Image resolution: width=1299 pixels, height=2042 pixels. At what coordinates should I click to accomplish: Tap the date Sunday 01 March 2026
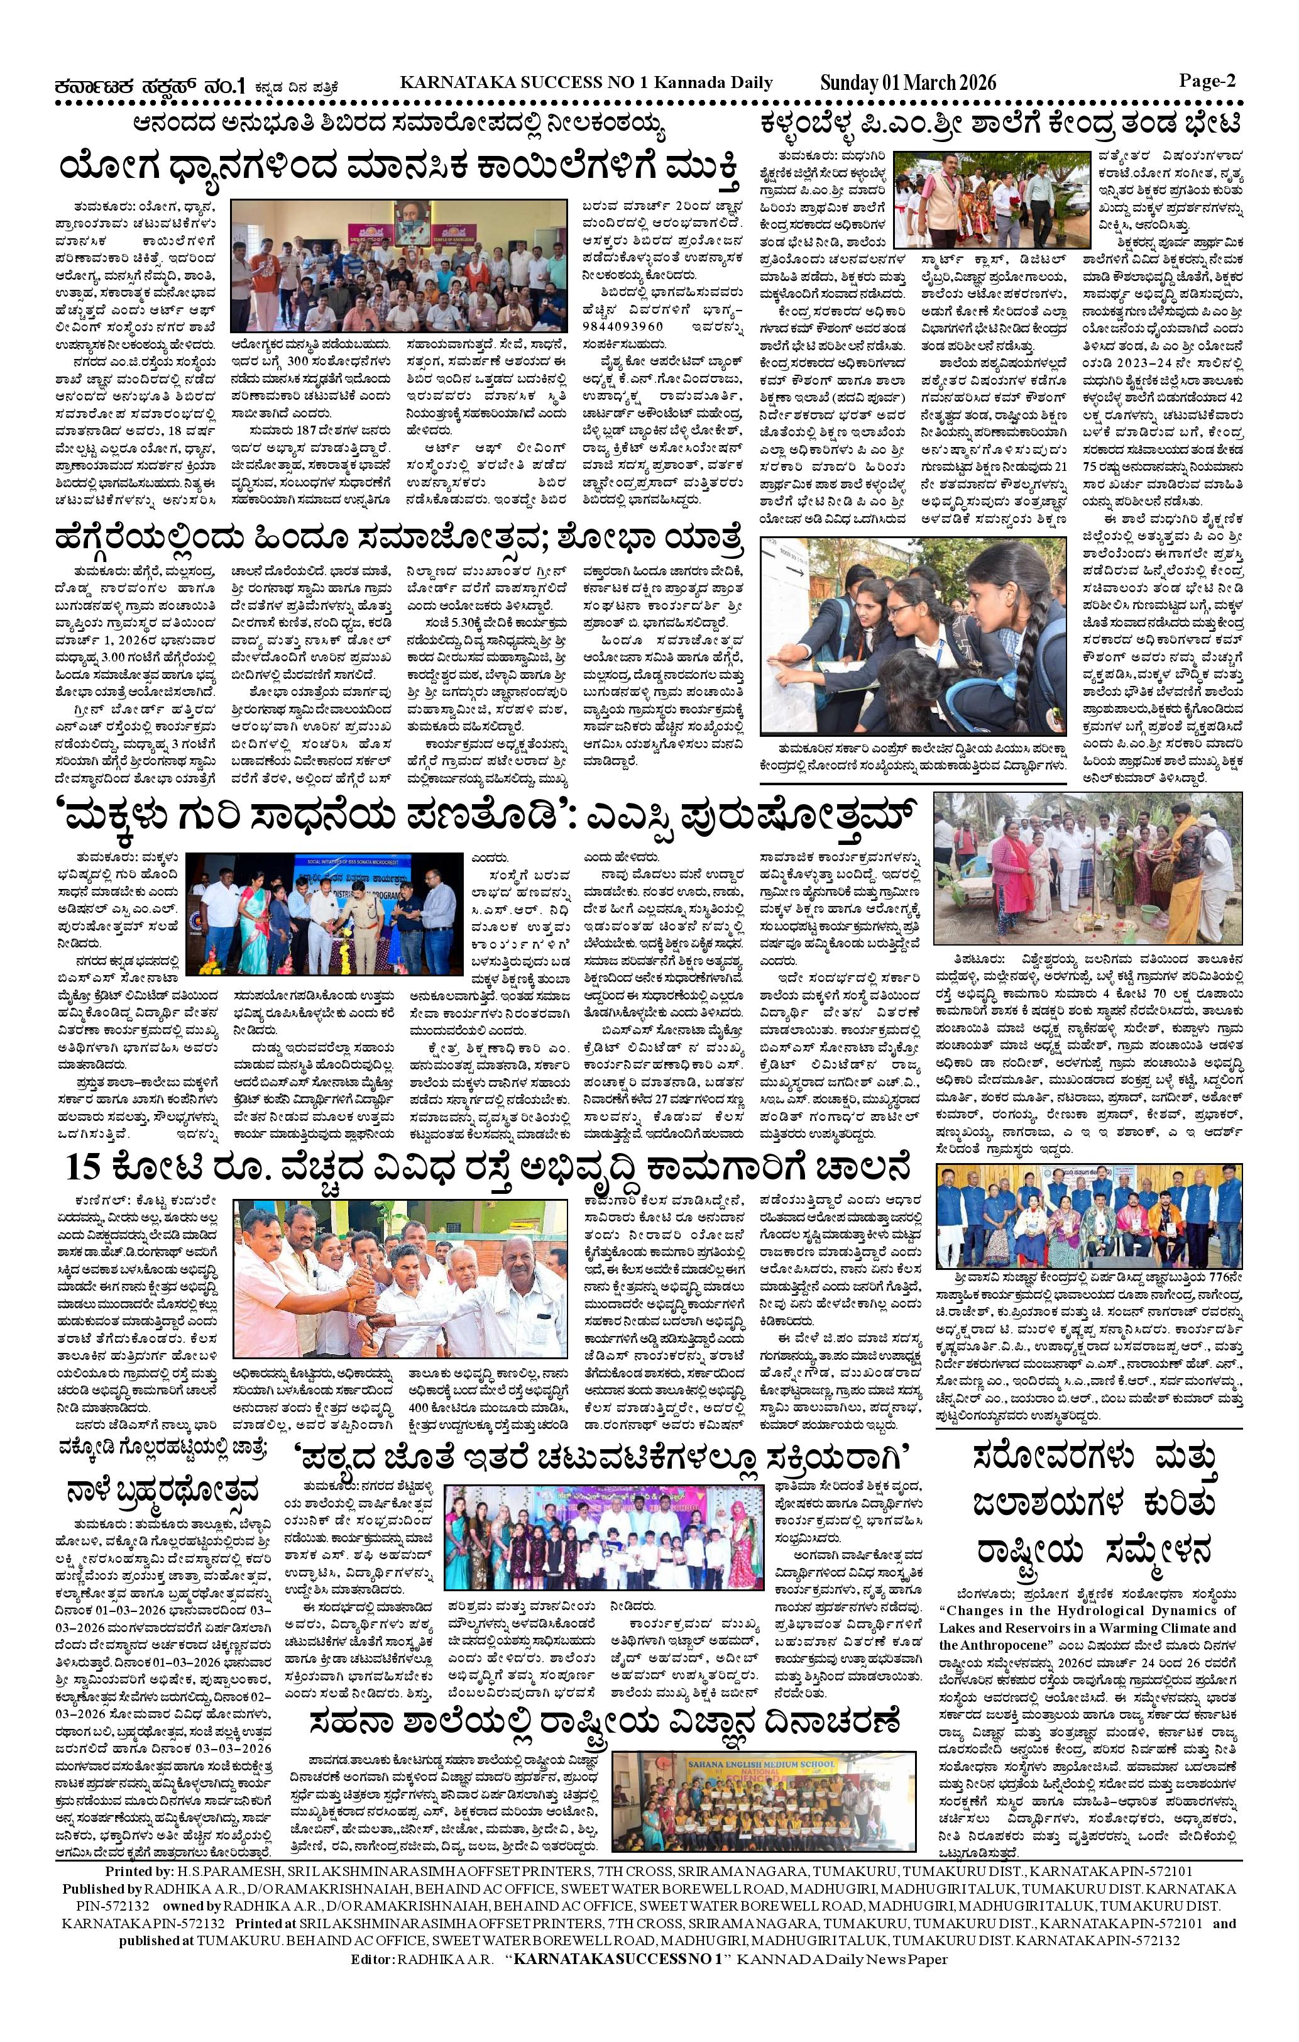907,83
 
